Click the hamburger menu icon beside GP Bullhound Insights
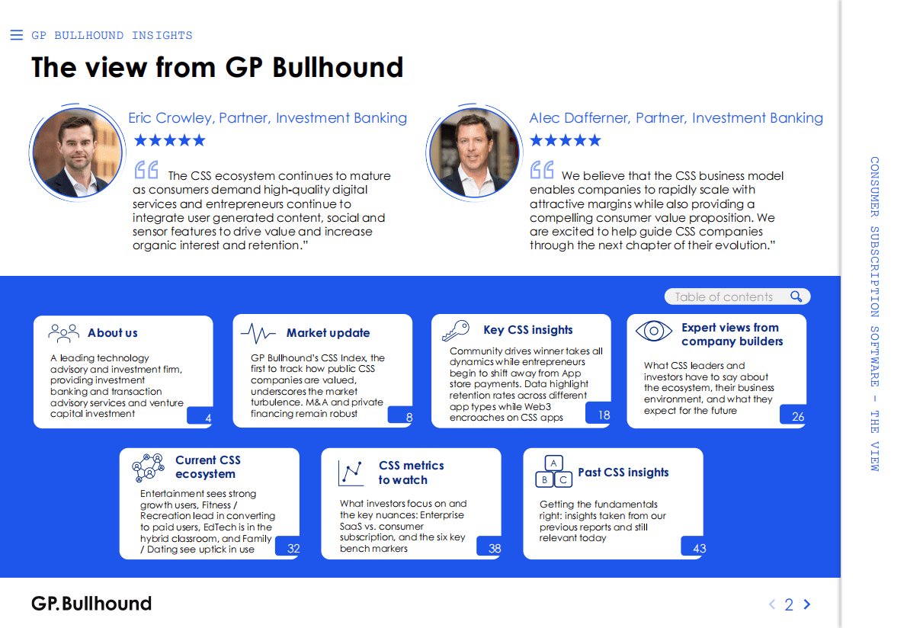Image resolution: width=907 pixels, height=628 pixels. [x=16, y=35]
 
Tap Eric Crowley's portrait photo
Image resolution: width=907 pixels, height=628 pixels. [x=78, y=152]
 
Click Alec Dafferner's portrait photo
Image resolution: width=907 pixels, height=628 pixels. [x=474, y=152]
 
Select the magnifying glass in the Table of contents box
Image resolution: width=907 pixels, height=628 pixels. [x=796, y=296]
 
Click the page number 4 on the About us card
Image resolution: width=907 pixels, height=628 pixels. [x=208, y=418]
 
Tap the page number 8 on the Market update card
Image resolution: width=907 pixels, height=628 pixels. [x=409, y=417]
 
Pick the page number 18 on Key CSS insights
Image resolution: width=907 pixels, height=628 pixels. [x=604, y=415]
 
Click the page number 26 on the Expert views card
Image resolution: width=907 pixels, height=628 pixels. [x=798, y=416]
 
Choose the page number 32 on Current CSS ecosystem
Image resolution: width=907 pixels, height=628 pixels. [x=293, y=548]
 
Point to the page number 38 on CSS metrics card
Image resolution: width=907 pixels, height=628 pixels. [x=495, y=548]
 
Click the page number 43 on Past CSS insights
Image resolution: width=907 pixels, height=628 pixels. [x=699, y=548]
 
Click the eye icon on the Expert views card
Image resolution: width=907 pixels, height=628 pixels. [x=654, y=331]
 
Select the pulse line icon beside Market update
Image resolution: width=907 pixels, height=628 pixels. [x=258, y=333]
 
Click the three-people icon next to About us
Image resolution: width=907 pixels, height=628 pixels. [x=64, y=332]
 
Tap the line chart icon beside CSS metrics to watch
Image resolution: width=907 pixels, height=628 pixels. [x=351, y=473]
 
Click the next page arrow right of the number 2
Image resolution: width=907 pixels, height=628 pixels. [x=807, y=604]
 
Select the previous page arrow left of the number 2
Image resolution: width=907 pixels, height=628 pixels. [x=772, y=604]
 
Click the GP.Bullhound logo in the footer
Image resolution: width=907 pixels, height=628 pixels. [x=91, y=604]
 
